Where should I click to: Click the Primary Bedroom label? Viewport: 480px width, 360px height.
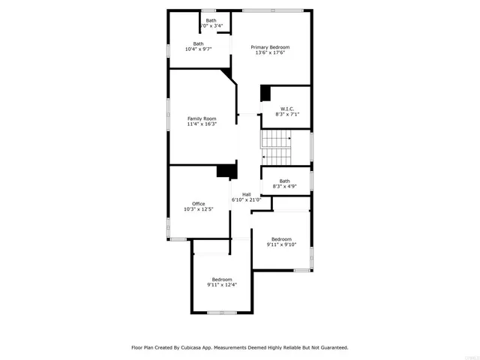click(x=270, y=47)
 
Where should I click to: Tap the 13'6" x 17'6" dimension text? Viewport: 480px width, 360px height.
click(x=270, y=53)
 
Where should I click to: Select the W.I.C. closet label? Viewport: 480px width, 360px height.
click(x=286, y=109)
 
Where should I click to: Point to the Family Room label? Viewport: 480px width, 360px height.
click(x=202, y=118)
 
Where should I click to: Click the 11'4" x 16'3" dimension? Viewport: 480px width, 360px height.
click(x=202, y=124)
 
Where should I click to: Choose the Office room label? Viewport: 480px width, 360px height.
click(x=199, y=203)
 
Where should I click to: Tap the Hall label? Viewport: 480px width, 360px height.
click(x=246, y=194)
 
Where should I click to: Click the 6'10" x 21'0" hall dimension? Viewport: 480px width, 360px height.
click(x=246, y=200)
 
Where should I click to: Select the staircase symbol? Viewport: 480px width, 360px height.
click(x=275, y=147)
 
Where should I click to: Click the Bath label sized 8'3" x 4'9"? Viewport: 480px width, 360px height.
click(x=285, y=180)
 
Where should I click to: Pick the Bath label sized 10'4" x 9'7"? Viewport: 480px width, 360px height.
click(x=198, y=43)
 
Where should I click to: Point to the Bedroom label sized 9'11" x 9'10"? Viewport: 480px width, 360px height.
click(x=281, y=238)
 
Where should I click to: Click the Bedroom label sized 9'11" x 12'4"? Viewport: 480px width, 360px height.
click(x=222, y=279)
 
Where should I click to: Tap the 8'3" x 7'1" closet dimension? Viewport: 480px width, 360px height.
click(x=286, y=115)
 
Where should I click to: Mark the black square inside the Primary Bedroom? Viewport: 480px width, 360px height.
click(x=265, y=93)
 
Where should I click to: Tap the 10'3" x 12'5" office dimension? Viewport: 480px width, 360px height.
click(x=199, y=209)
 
